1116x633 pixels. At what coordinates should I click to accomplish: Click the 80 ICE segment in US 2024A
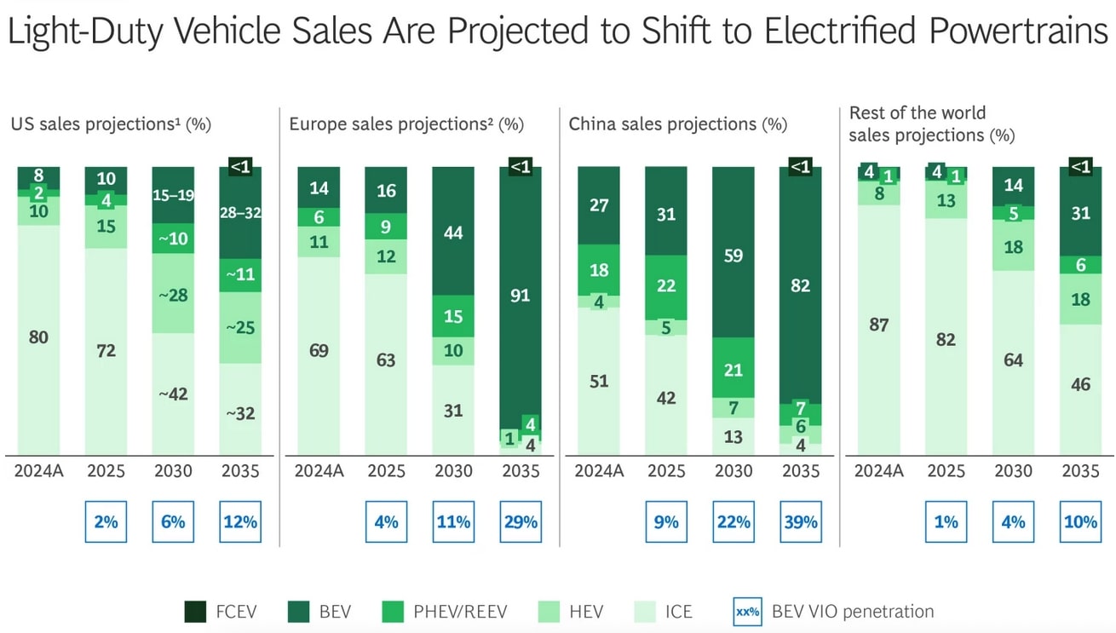(38, 337)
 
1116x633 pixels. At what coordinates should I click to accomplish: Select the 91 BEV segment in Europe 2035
(520, 296)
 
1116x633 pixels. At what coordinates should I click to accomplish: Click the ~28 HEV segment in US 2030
(173, 294)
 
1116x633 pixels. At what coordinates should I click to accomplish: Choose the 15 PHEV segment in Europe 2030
(453, 316)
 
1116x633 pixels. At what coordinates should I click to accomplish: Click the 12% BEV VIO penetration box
(240, 521)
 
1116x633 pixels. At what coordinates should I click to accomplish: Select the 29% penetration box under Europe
(520, 521)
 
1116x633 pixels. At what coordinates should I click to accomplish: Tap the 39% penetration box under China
(800, 521)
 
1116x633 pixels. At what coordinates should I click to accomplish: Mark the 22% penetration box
(733, 521)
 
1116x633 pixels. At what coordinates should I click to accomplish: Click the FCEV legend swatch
(195, 612)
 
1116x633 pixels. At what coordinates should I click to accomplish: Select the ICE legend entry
(664, 612)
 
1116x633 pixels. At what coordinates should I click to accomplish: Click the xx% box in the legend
(747, 612)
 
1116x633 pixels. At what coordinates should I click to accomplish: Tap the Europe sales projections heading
(406, 124)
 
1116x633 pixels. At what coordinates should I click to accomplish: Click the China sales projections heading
(677, 124)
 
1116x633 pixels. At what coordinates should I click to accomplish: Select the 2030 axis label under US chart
(173, 471)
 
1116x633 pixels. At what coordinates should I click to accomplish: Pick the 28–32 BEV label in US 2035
(240, 212)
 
